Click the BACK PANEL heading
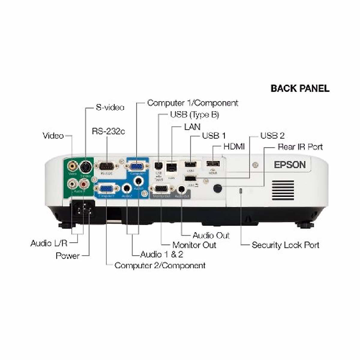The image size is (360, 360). click(300, 88)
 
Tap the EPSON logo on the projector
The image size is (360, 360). click(289, 165)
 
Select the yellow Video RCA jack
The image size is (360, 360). click(72, 165)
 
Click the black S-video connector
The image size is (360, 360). click(85, 166)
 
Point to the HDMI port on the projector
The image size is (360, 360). click(213, 164)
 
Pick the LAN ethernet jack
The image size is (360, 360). click(171, 167)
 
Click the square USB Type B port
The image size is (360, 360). click(158, 165)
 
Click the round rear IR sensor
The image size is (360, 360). click(217, 188)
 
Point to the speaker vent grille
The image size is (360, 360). click(283, 190)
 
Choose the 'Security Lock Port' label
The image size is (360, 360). click(285, 245)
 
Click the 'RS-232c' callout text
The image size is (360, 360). click(108, 131)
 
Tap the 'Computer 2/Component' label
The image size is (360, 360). click(160, 265)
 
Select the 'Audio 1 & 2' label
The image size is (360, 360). click(161, 255)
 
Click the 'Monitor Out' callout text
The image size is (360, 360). click(194, 245)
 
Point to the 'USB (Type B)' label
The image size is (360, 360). click(194, 115)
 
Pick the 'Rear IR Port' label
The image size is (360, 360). click(300, 147)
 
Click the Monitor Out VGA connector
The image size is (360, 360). click(162, 189)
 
